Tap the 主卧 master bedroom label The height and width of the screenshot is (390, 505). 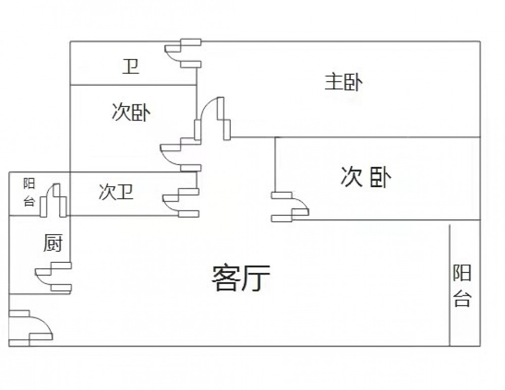click(x=343, y=82)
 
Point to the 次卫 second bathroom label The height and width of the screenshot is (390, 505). click(x=116, y=192)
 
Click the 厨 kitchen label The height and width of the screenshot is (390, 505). click(x=52, y=244)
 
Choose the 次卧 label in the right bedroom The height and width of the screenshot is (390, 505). click(x=367, y=177)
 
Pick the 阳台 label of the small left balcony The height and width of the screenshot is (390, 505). click(x=29, y=193)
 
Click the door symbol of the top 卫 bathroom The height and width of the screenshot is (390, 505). click(x=182, y=53)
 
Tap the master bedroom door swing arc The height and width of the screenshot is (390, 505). click(x=212, y=116)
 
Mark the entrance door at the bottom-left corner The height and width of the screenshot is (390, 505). click(x=30, y=328)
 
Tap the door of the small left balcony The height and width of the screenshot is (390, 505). click(x=54, y=200)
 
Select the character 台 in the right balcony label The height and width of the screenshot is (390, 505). click(x=462, y=299)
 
